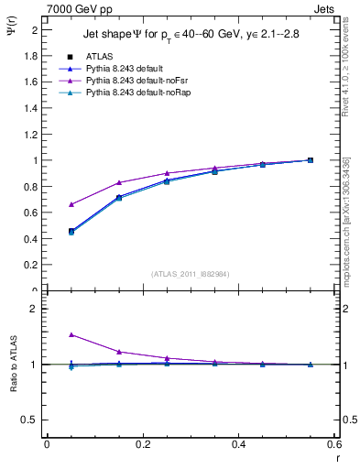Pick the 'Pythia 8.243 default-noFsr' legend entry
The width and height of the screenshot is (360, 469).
(x=137, y=82)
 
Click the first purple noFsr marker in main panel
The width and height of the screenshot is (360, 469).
(x=71, y=204)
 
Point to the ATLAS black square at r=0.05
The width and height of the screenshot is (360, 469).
(x=71, y=231)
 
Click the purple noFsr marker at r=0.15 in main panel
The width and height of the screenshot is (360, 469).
(x=119, y=182)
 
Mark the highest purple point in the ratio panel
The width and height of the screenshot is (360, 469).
(x=71, y=334)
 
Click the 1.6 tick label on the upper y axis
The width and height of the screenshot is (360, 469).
(x=32, y=82)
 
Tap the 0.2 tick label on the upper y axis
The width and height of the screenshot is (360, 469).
(x=32, y=265)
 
